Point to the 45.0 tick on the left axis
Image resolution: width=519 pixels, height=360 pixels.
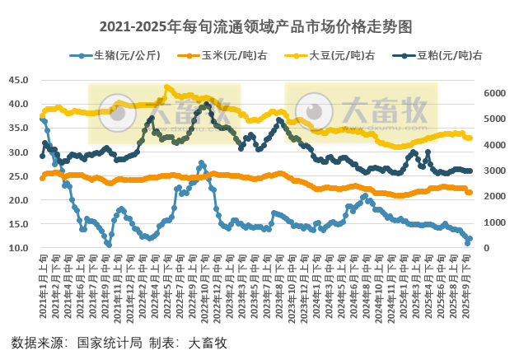(19, 80)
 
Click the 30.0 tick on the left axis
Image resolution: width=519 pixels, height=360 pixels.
(19, 152)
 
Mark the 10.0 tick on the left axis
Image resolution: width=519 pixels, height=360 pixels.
(19, 248)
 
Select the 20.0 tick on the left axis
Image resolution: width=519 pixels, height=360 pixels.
(19, 200)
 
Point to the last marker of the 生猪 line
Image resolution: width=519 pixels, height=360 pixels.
(470, 239)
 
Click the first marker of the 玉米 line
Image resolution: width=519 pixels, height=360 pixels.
(42, 177)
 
